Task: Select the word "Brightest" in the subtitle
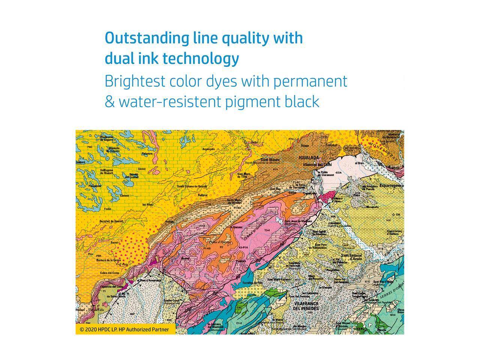pos(135,81)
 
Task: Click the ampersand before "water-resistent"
pos(109,102)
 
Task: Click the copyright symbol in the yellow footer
pos(82,330)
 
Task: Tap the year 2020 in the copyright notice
pos(91,330)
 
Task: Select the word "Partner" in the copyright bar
pos(160,330)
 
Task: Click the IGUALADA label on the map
pos(309,158)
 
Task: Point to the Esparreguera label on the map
pos(391,186)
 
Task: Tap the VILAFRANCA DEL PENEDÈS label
pos(306,306)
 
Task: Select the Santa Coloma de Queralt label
pos(192,186)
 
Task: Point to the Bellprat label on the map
pos(203,195)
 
